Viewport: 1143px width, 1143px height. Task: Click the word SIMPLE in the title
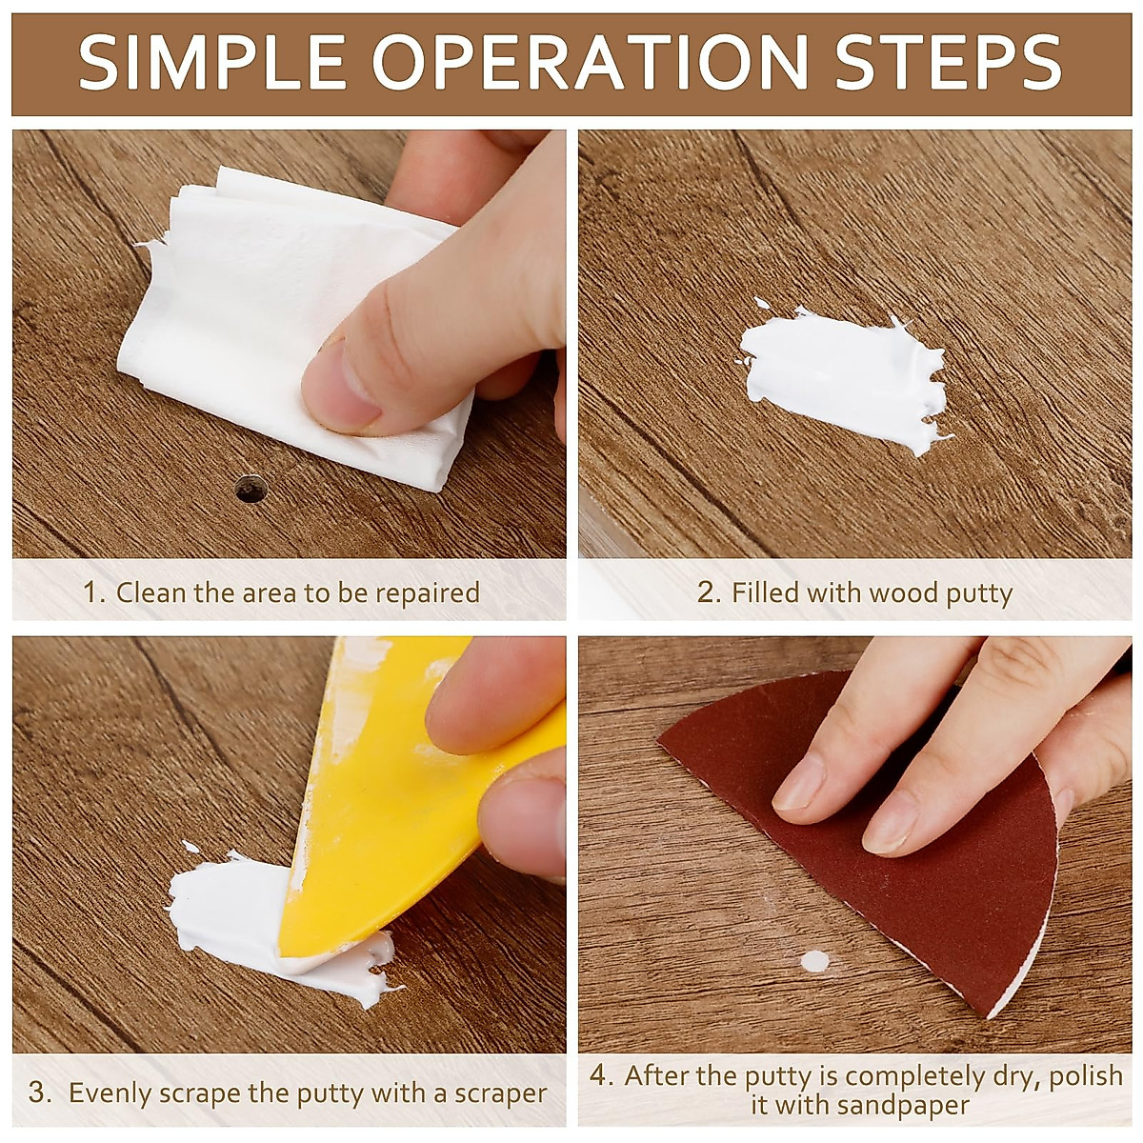[212, 63]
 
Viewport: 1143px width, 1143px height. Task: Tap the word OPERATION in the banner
[590, 63]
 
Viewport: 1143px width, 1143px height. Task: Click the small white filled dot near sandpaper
[814, 961]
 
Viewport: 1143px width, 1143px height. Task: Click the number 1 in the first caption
[92, 592]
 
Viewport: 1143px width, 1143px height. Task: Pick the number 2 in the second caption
[708, 592]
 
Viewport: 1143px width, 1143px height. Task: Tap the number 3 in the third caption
[39, 1093]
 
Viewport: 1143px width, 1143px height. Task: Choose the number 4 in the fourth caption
[600, 1076]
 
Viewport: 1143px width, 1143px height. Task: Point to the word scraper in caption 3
[500, 1093]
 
